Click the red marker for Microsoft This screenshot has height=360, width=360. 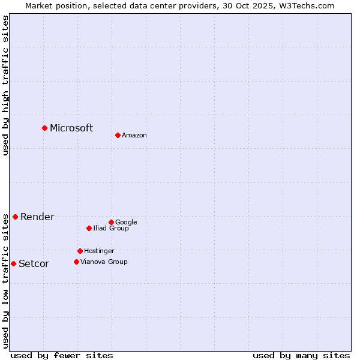pyautogui.click(x=44, y=128)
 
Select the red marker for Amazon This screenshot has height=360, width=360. pyautogui.click(x=118, y=135)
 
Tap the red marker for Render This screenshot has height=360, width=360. pyautogui.click(x=15, y=217)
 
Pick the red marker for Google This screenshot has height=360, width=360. pyautogui.click(x=111, y=222)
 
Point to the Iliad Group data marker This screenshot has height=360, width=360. pyautogui.click(x=89, y=228)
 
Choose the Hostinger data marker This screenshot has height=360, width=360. pyautogui.click(x=80, y=251)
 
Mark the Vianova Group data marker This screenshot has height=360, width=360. pyautogui.click(x=76, y=262)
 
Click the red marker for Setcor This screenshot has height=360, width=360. pyautogui.click(x=13, y=263)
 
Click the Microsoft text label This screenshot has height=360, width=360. pyautogui.click(x=71, y=128)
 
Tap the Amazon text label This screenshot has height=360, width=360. pyautogui.click(x=134, y=136)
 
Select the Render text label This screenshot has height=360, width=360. pyautogui.click(x=37, y=217)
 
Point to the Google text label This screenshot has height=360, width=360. pyautogui.click(x=126, y=222)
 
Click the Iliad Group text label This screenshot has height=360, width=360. pyautogui.click(x=111, y=228)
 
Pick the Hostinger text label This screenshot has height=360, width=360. pyautogui.click(x=99, y=251)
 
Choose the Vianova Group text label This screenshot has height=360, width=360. pyautogui.click(x=104, y=262)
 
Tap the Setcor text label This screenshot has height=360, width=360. pyautogui.click(x=34, y=264)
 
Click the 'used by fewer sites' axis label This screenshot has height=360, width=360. pyautogui.click(x=62, y=355)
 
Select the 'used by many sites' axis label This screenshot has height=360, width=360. pyautogui.click(x=301, y=355)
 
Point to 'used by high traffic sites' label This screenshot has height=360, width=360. pyautogui.click(x=6, y=85)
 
